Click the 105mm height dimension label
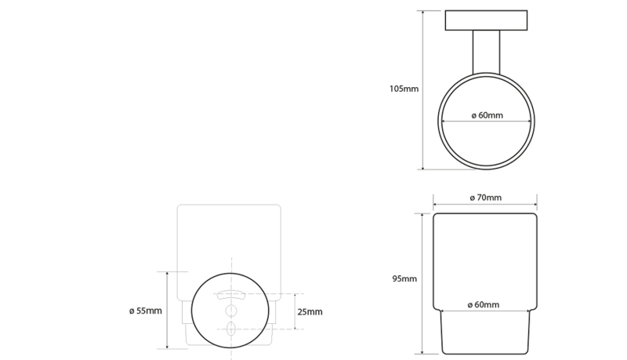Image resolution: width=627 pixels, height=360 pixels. point(404,89)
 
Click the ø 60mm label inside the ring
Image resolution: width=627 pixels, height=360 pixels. point(487,115)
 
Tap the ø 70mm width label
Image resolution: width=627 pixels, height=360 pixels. point(485,198)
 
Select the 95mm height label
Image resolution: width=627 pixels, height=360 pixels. point(404,278)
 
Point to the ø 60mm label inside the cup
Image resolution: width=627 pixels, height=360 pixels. point(484,305)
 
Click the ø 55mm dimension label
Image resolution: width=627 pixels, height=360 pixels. point(146,311)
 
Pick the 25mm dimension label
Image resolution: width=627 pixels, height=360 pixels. point(310,312)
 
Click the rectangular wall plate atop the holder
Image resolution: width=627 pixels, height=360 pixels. point(486,20)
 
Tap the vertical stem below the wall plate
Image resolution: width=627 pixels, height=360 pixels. point(486,52)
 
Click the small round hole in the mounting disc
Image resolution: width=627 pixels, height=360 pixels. point(231,311)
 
